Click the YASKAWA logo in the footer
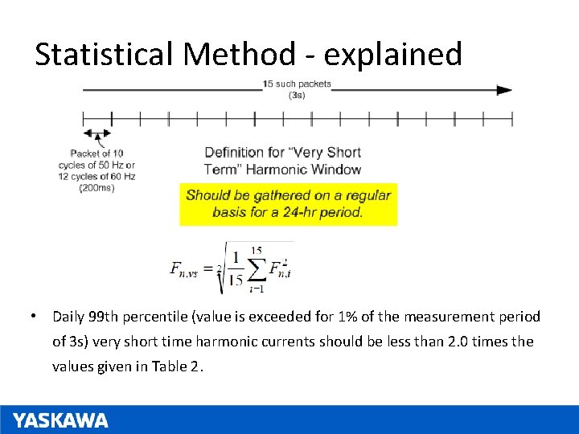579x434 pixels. (60, 420)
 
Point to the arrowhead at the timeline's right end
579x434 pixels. (504, 90)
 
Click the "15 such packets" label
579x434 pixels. (297, 84)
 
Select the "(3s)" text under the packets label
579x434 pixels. (297, 95)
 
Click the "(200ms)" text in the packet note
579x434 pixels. (96, 188)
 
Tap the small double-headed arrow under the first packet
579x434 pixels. (97, 133)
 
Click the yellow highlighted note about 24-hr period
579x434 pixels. (288, 203)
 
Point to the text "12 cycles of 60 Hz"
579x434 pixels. (96, 176)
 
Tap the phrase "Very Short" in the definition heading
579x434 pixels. (330, 153)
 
